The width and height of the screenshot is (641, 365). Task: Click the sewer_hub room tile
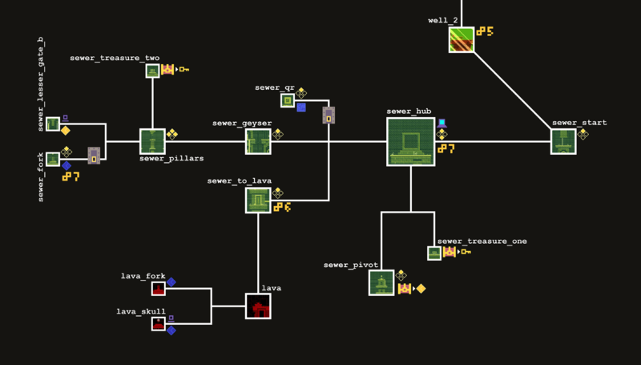tap(410, 142)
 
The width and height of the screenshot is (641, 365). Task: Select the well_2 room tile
tap(461, 39)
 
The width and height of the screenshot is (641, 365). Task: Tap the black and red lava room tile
tap(258, 306)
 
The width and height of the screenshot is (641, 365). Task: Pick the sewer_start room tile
tap(563, 141)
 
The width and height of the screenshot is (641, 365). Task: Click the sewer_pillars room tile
tap(152, 141)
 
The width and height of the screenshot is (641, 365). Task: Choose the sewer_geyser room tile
tap(258, 141)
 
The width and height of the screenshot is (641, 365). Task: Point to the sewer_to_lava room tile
tap(258, 201)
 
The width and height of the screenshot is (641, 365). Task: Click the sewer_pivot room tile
tap(381, 282)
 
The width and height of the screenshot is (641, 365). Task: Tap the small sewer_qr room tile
tap(288, 100)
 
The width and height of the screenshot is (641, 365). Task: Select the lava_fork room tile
tap(159, 288)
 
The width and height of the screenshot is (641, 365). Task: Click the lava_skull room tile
tap(159, 324)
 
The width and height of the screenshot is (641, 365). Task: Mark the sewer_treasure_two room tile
tap(152, 71)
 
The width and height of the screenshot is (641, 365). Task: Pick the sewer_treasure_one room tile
tap(434, 253)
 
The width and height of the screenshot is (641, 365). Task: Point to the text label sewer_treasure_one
tap(482, 241)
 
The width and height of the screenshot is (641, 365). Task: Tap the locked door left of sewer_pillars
tap(94, 156)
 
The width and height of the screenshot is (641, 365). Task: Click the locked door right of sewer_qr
tap(329, 115)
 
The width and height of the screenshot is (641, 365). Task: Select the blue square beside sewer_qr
tap(301, 107)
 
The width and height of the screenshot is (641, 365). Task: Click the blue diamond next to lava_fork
tap(171, 282)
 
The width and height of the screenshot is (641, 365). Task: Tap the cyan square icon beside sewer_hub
tap(441, 123)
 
